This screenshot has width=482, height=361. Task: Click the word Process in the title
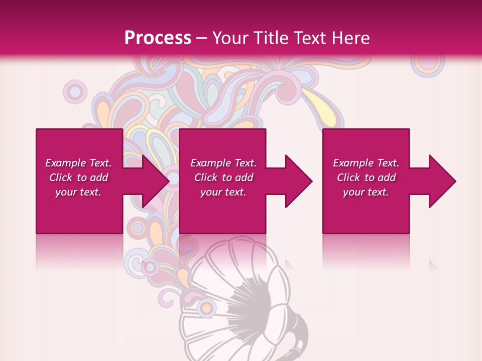point(158,38)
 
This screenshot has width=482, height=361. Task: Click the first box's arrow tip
point(168,181)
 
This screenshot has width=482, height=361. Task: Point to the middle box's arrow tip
point(311,181)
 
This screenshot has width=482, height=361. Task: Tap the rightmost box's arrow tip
point(455,181)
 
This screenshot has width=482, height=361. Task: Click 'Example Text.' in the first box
point(78,163)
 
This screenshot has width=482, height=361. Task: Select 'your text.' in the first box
point(78,192)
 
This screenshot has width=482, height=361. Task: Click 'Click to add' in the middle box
point(223,177)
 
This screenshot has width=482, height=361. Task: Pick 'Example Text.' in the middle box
point(223,163)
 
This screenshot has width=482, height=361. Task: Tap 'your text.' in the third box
point(366,192)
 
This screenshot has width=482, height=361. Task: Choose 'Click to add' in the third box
point(366,177)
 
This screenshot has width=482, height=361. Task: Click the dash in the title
point(202,39)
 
